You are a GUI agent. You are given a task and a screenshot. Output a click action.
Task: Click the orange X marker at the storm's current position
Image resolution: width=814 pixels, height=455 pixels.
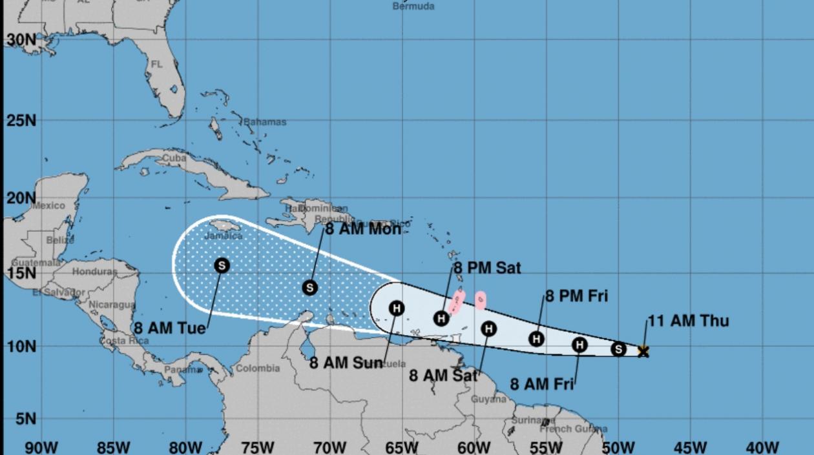pos(643,351)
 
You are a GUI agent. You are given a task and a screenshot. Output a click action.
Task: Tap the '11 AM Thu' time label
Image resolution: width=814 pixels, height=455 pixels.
pos(688,321)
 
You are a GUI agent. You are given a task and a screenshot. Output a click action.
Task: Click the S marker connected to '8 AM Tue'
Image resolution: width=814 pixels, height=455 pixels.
pos(222,265)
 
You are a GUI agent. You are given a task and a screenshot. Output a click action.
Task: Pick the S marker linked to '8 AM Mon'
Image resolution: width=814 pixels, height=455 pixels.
pos(310,288)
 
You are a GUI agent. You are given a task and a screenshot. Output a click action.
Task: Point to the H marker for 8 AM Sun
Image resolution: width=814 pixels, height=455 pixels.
pos(397,308)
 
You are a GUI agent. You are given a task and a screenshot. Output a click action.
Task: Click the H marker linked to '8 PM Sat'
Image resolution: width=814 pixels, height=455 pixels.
pos(441,318)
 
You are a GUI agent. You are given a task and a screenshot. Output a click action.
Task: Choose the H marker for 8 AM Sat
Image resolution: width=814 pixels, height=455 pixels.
pos(489,329)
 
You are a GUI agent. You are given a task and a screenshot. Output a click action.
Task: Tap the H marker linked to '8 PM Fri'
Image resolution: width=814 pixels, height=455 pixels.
pos(536,339)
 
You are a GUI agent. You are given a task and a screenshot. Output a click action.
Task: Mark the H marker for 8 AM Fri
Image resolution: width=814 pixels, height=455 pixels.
pos(579,345)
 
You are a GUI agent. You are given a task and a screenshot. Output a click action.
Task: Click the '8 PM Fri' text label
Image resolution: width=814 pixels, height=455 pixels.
pos(576,297)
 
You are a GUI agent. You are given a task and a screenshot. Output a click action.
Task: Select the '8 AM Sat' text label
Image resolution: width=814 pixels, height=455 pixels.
pos(443,375)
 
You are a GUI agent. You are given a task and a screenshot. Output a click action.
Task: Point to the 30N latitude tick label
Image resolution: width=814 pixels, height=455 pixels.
pos(21,41)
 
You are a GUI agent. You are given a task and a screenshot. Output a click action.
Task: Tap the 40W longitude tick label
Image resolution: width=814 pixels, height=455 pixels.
pos(762,447)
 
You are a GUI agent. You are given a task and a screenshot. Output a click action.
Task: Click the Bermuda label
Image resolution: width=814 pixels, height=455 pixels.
pos(413,6)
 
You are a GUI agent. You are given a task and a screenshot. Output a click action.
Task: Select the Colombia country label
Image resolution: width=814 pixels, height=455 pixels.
pos(258,369)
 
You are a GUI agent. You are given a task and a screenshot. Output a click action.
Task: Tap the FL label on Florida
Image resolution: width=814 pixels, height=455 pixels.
pos(156,65)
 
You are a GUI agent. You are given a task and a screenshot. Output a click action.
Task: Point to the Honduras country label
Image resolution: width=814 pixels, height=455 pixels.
pos(95,272)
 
